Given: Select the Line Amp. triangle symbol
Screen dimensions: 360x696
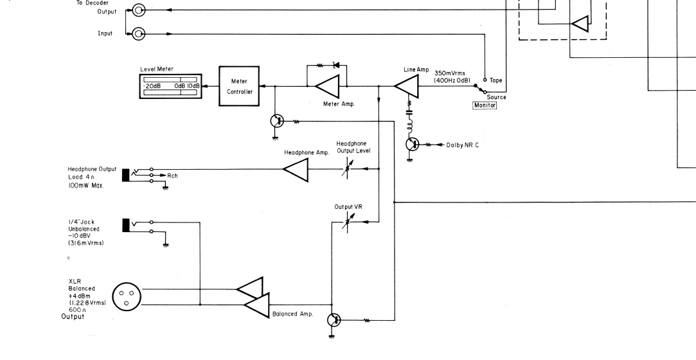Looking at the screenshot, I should pyautogui.click(x=407, y=86).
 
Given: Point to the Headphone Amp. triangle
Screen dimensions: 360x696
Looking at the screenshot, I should pyautogui.click(x=296, y=169).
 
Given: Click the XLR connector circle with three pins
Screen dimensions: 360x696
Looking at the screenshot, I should pyautogui.click(x=125, y=296).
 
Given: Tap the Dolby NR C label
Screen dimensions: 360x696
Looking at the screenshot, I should pyautogui.click(x=463, y=145).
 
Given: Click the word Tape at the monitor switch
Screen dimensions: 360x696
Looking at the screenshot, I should pyautogui.click(x=496, y=80).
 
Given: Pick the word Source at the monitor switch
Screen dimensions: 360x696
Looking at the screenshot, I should pyautogui.click(x=496, y=97).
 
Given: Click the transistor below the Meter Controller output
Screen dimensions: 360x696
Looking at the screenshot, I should pyautogui.click(x=277, y=121).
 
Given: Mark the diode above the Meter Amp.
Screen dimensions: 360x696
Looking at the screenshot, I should pyautogui.click(x=334, y=66).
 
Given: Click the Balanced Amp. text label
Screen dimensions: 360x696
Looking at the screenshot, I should pyautogui.click(x=294, y=313).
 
